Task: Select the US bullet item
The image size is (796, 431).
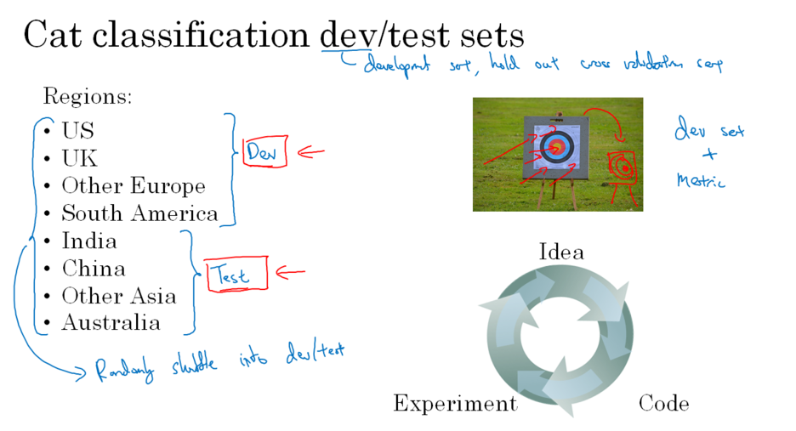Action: coord(77,131)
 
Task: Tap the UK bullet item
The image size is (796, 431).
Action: coord(79,158)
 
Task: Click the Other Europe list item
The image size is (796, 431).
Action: coord(133,186)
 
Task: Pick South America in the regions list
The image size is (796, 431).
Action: coord(139,213)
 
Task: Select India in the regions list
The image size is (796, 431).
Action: coord(89,241)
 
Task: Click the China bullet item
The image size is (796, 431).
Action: coord(93,269)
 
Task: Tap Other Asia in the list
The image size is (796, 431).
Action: coord(118,296)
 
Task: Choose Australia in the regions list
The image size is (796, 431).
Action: coord(111,323)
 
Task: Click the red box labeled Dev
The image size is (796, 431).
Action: coord(264,152)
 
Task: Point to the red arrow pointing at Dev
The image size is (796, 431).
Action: coord(310,153)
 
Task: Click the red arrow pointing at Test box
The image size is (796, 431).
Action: coord(290,273)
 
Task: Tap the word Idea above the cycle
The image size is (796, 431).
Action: coord(561,252)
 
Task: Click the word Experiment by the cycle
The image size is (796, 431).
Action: coord(455,404)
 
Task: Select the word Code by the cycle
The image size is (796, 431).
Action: coord(663,403)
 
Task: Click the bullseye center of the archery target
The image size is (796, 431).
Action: coord(558,147)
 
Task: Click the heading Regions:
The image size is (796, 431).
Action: coord(88,97)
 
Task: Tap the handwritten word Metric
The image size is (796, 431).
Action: coord(702,180)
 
